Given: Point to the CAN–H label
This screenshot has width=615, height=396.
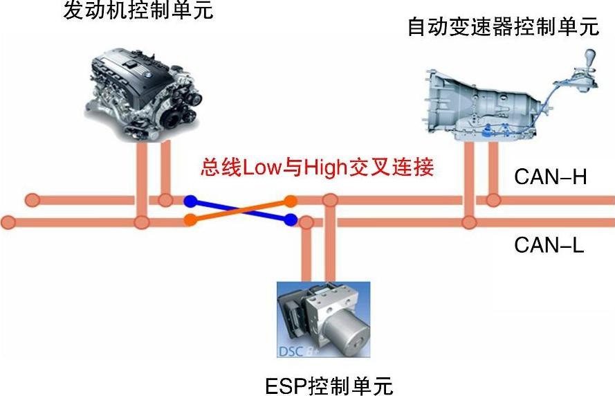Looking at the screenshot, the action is point(550,177).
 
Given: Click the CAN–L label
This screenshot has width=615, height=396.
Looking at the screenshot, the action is point(549,244).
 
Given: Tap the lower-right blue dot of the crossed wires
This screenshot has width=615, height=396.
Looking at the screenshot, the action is point(291,221).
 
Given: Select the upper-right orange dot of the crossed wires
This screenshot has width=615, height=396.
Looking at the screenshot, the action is point(291,201).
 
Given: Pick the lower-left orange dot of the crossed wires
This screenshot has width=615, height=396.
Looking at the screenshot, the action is point(190,221).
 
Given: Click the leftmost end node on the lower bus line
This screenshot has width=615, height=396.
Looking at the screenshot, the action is point(8,222).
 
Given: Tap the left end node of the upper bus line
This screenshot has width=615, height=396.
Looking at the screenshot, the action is point(31,201).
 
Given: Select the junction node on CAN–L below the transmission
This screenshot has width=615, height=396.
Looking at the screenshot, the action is point(469,222).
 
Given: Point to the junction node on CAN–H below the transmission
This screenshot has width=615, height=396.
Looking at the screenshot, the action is point(493,201).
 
